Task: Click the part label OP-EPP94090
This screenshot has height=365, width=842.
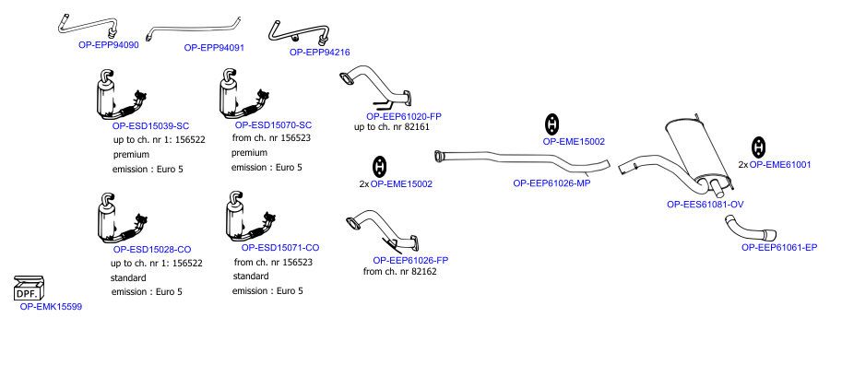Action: click(x=109, y=45)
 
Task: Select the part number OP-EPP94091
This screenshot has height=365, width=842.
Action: click(x=214, y=47)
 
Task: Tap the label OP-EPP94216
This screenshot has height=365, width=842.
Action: click(x=319, y=52)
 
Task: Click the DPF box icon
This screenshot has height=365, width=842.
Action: click(x=29, y=288)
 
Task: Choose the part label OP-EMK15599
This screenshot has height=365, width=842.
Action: click(x=51, y=307)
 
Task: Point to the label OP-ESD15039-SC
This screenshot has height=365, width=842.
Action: click(x=151, y=126)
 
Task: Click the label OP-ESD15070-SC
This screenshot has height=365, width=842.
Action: click(x=273, y=125)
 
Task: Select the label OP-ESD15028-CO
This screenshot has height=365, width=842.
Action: click(x=152, y=250)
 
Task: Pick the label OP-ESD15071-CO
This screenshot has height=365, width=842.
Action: click(x=280, y=247)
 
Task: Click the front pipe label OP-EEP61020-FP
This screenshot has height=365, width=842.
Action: click(x=404, y=116)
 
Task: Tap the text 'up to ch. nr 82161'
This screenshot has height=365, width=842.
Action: click(x=392, y=127)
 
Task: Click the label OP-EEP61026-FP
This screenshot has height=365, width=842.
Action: click(x=410, y=260)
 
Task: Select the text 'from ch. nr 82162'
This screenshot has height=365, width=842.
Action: click(x=400, y=272)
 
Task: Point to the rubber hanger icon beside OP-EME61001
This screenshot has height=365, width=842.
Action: click(x=758, y=147)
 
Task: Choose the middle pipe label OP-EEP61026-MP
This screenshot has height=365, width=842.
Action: click(x=552, y=183)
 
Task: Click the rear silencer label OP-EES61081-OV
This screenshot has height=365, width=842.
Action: click(x=706, y=205)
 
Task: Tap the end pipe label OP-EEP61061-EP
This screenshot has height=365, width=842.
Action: click(x=779, y=247)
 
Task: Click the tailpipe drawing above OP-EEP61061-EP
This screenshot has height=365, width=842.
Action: click(x=747, y=230)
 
